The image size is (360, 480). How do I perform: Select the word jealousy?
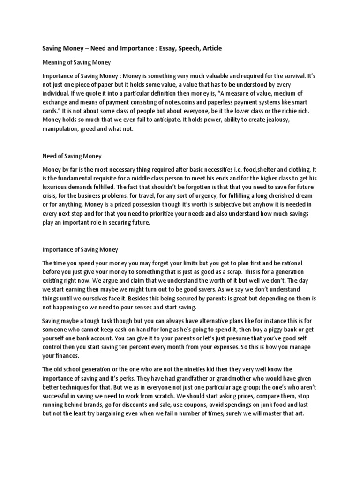point(299,120)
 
